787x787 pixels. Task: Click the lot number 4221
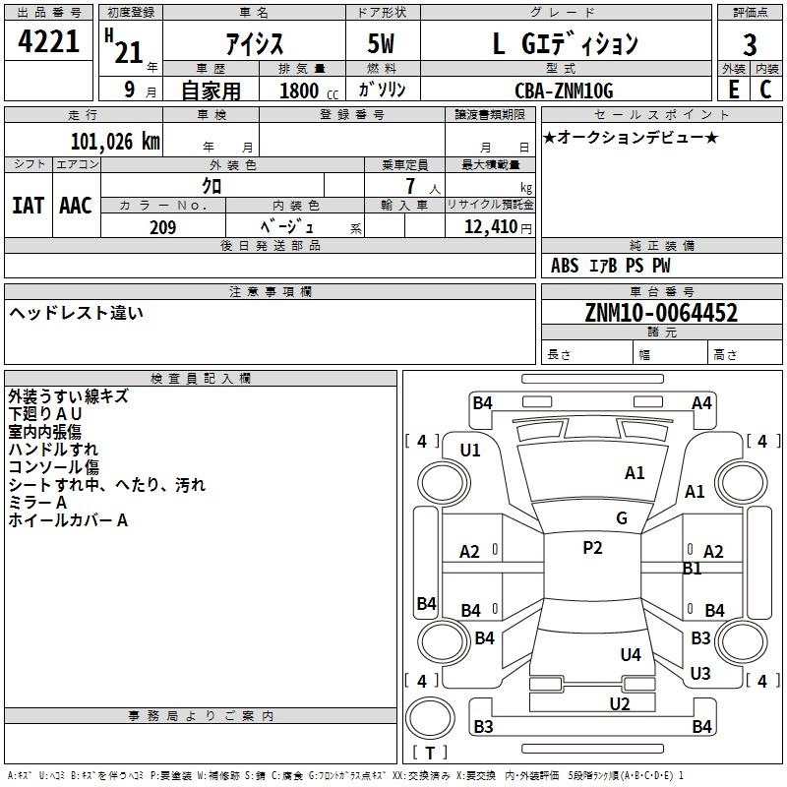48,41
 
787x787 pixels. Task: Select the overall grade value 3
750,45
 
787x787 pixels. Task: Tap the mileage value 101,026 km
115,142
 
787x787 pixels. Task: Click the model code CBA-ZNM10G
564,91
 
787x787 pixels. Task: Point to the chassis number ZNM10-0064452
661,313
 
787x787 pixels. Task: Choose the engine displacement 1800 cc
309,91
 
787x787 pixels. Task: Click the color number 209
162,227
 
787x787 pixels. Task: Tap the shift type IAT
29,206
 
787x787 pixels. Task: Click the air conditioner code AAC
76,206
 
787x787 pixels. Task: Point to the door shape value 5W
381,43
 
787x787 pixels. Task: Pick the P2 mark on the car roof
592,548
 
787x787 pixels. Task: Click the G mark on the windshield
622,518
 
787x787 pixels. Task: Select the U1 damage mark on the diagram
470,451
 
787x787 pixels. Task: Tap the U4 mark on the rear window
631,654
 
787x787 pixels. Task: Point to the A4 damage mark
701,403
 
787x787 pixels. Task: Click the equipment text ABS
565,266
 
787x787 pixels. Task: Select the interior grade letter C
765,90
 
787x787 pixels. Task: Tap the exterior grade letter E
734,90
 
